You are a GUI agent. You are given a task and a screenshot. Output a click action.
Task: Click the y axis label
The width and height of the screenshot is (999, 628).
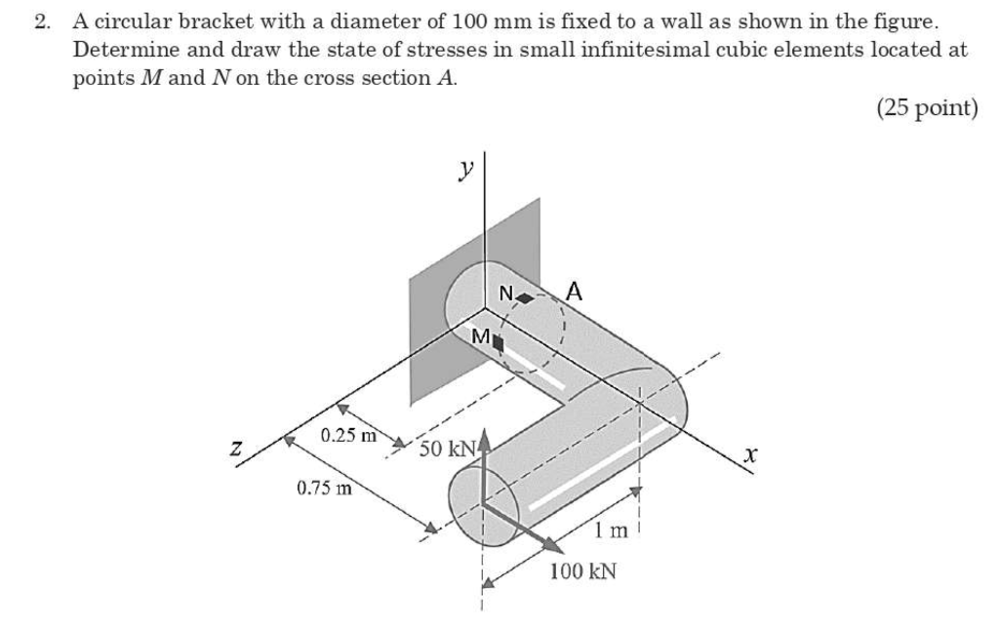[x=467, y=171]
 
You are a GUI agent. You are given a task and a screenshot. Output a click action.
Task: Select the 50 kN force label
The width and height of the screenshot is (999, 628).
[x=447, y=450]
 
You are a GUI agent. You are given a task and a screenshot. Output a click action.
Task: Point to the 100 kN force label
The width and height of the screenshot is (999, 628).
[x=582, y=570]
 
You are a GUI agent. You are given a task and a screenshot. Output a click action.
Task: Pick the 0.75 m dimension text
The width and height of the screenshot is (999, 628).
[x=324, y=487]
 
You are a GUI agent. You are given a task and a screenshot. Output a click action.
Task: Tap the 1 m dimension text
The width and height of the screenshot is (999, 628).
[x=613, y=530]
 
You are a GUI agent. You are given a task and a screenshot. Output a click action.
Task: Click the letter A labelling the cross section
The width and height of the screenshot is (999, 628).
[x=575, y=290]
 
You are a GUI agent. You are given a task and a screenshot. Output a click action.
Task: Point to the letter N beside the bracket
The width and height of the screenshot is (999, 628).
[x=505, y=293]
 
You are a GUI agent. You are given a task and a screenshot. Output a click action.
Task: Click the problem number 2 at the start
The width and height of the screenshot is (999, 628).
[x=41, y=22]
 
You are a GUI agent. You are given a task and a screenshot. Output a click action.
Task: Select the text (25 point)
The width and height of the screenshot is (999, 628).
[x=926, y=108]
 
